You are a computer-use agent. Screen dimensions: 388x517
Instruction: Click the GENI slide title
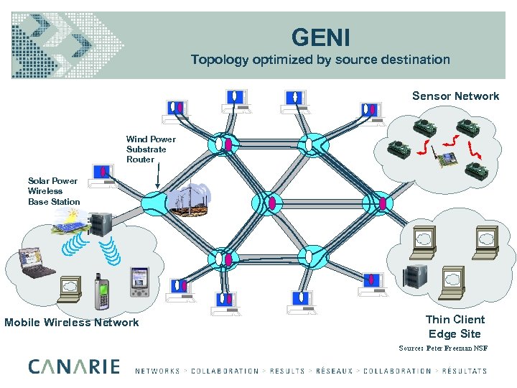coord(320,37)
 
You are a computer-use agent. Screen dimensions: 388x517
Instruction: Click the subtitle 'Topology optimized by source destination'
coord(320,60)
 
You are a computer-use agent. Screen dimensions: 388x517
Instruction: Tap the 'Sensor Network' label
coord(455,96)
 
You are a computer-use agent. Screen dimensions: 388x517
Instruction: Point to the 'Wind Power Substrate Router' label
coord(151,149)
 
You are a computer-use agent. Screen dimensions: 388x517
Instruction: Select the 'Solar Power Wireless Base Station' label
coord(52,191)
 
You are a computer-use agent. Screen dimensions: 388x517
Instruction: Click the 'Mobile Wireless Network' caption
coord(72,323)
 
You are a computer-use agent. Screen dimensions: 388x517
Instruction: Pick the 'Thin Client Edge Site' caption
coord(455,327)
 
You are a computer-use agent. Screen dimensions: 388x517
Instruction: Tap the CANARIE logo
coord(74,367)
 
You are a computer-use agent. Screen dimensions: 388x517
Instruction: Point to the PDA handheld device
coord(139,282)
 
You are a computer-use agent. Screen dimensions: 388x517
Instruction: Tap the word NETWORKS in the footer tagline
coord(157,371)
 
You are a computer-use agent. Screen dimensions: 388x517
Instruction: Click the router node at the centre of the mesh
coord(265,202)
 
